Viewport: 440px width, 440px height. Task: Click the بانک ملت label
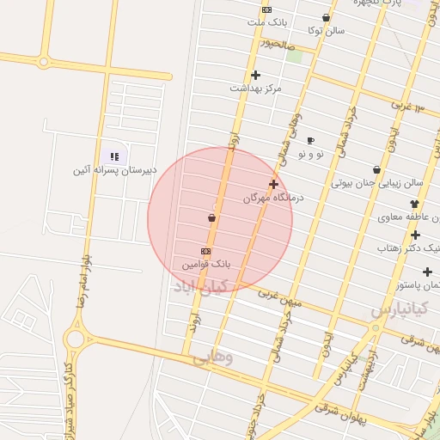click(266, 22)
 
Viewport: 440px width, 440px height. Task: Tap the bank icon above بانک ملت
click(266, 9)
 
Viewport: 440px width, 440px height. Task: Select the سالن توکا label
click(327, 30)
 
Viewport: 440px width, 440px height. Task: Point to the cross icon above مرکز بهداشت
click(255, 75)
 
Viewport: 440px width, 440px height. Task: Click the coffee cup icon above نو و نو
click(310, 140)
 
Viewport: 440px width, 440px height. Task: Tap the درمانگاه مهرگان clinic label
click(267, 198)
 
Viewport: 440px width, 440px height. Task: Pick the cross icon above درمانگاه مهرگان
click(273, 184)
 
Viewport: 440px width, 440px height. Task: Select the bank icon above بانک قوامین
click(205, 251)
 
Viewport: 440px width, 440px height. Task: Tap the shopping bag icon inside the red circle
click(211, 219)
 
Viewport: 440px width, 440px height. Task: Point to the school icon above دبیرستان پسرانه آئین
click(114, 156)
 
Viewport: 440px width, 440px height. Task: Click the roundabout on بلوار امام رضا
click(74, 338)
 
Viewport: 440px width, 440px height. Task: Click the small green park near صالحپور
click(295, 56)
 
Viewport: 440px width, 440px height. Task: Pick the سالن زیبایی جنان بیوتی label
click(378, 183)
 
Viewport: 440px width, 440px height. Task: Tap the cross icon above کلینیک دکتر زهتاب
click(415, 235)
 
